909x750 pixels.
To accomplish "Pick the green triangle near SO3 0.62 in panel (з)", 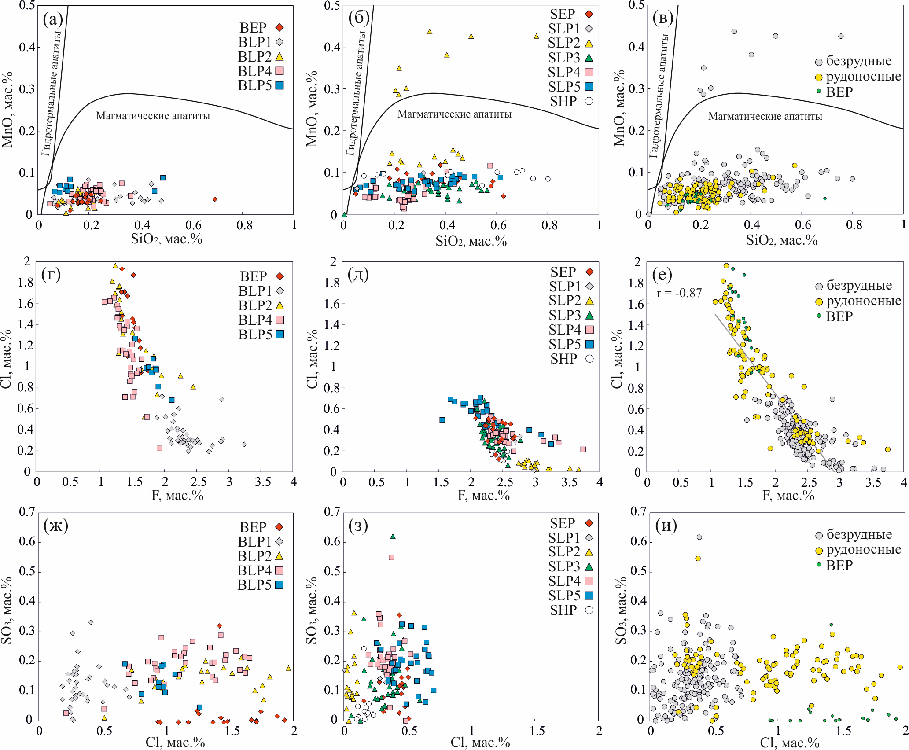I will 393,536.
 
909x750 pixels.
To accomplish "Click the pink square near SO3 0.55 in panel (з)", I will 391,557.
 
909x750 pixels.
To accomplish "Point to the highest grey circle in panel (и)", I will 699,537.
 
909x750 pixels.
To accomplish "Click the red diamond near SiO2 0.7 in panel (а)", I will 215,199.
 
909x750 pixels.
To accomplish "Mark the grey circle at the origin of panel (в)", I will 648,214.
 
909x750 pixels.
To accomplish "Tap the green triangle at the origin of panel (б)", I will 344,214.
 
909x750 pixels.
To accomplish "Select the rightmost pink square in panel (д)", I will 583,449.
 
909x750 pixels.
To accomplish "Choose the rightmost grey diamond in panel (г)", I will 244,444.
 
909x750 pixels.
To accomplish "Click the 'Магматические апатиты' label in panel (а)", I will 153,116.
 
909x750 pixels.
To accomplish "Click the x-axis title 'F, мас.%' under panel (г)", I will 177,496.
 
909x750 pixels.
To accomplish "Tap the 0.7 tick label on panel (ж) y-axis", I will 26,511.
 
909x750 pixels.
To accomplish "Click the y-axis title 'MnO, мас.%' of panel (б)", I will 312,108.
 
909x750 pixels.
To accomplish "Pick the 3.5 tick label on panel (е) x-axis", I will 873,482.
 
